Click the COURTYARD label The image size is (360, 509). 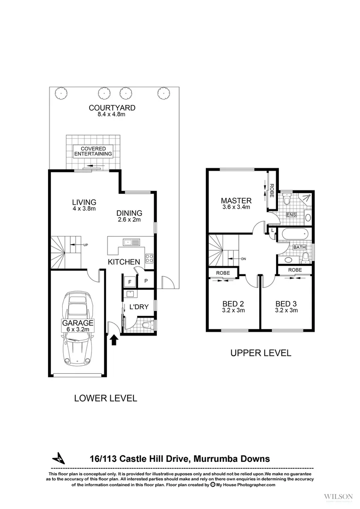(x=112, y=108)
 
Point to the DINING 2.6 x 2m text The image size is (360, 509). (x=130, y=216)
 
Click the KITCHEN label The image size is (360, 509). (x=124, y=262)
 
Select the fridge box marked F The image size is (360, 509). (x=130, y=281)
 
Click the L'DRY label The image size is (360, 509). (x=139, y=307)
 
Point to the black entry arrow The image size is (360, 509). (x=114, y=340)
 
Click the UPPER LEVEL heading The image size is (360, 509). (x=260, y=352)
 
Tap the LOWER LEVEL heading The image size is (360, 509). (x=106, y=398)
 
